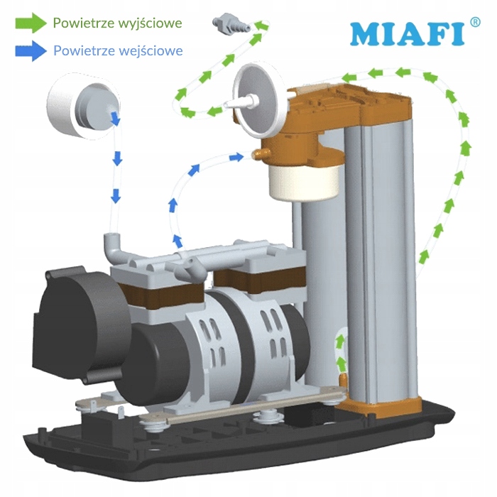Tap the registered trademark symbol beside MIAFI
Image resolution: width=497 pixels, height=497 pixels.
point(475,22)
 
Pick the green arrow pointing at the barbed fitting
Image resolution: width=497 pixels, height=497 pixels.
point(263,27)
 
